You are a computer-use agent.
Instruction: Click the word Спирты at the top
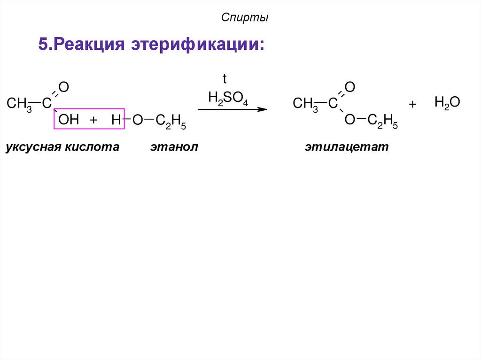245,18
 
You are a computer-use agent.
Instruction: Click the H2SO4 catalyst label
228,98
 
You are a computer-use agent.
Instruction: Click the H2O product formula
447,102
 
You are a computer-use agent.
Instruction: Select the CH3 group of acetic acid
19,104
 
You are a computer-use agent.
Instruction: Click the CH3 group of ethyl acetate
305,104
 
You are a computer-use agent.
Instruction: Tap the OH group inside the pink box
69,120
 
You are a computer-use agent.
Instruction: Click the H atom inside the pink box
116,120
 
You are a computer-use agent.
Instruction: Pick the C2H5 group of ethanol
171,121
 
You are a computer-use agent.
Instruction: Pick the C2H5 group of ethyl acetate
382,121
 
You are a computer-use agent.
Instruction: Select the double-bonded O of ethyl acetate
349,87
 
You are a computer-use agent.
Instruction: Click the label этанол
174,147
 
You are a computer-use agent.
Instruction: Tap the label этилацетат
347,147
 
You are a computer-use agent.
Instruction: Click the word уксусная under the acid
37,147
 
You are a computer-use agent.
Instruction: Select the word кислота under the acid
96,147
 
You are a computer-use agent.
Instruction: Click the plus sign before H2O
412,105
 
